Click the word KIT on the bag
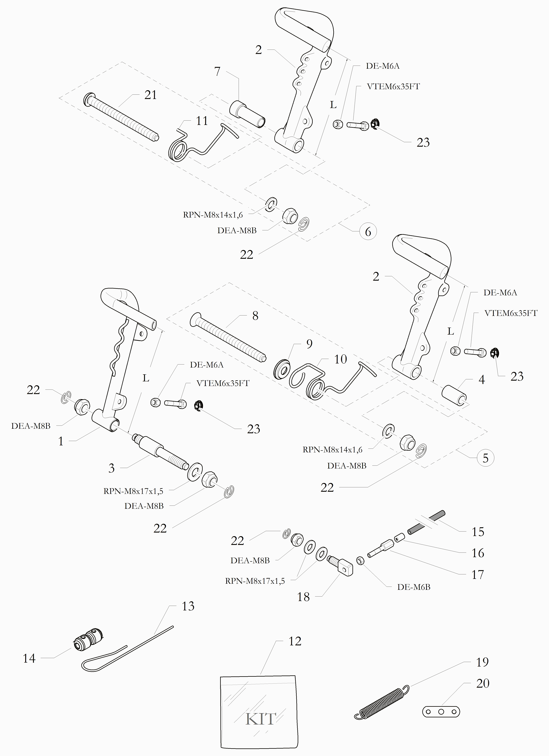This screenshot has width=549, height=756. (x=261, y=719)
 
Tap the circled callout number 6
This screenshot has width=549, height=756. (x=368, y=232)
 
